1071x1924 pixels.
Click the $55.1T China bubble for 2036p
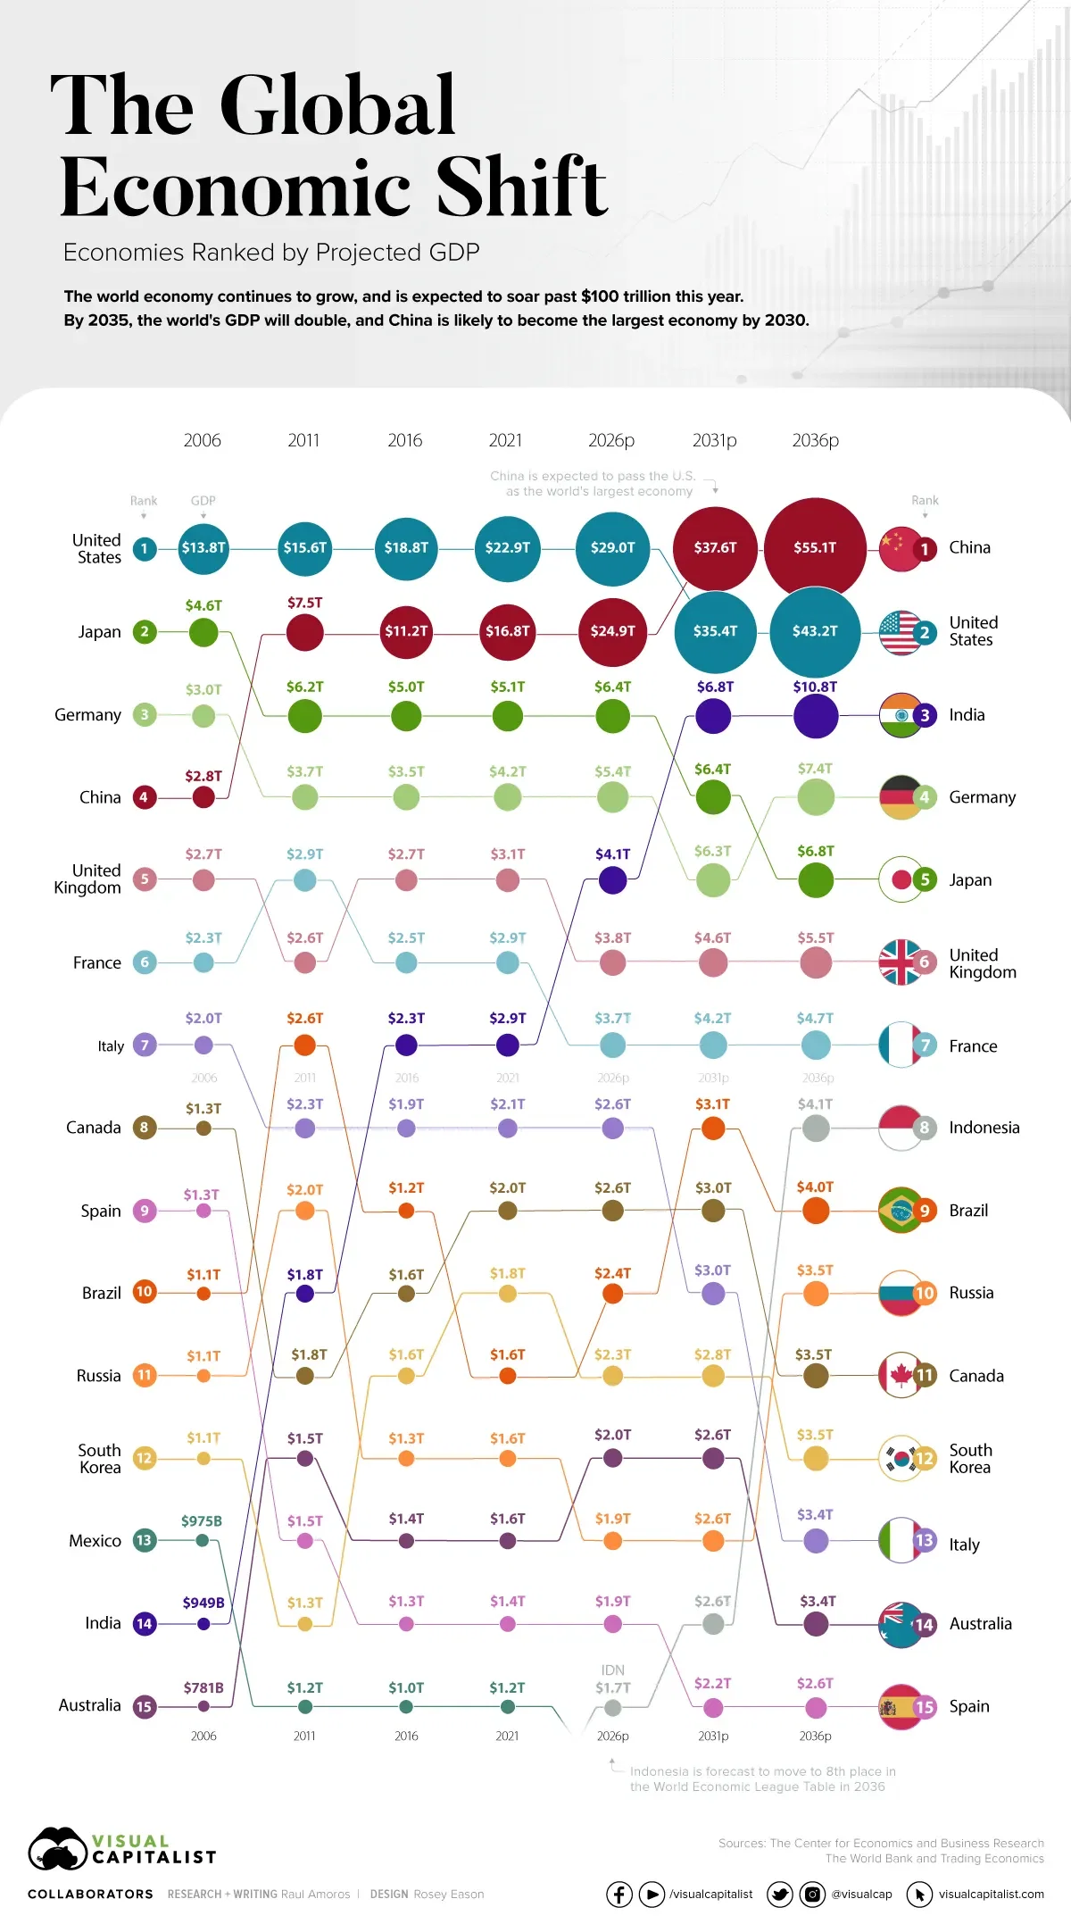[815, 547]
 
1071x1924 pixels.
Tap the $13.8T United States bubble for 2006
[203, 547]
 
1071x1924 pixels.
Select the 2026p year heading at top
[611, 440]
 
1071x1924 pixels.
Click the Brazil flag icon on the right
[900, 1210]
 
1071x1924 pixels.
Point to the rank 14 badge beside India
[145, 1623]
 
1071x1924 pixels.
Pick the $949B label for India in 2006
[203, 1603]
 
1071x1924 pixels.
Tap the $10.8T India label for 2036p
[815, 687]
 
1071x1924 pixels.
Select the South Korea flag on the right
[900, 1458]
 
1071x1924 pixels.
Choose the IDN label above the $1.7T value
[613, 1670]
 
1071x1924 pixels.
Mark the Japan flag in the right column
[900, 879]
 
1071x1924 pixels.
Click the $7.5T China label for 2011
[304, 603]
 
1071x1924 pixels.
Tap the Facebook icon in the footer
[619, 1894]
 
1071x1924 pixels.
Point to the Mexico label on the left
[95, 1540]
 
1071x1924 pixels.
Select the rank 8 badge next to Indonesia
[925, 1128]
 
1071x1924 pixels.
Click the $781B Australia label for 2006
[203, 1687]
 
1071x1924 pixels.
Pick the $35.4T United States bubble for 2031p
[715, 631]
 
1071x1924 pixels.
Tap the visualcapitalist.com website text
[991, 1894]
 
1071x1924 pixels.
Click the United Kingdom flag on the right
[900, 962]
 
